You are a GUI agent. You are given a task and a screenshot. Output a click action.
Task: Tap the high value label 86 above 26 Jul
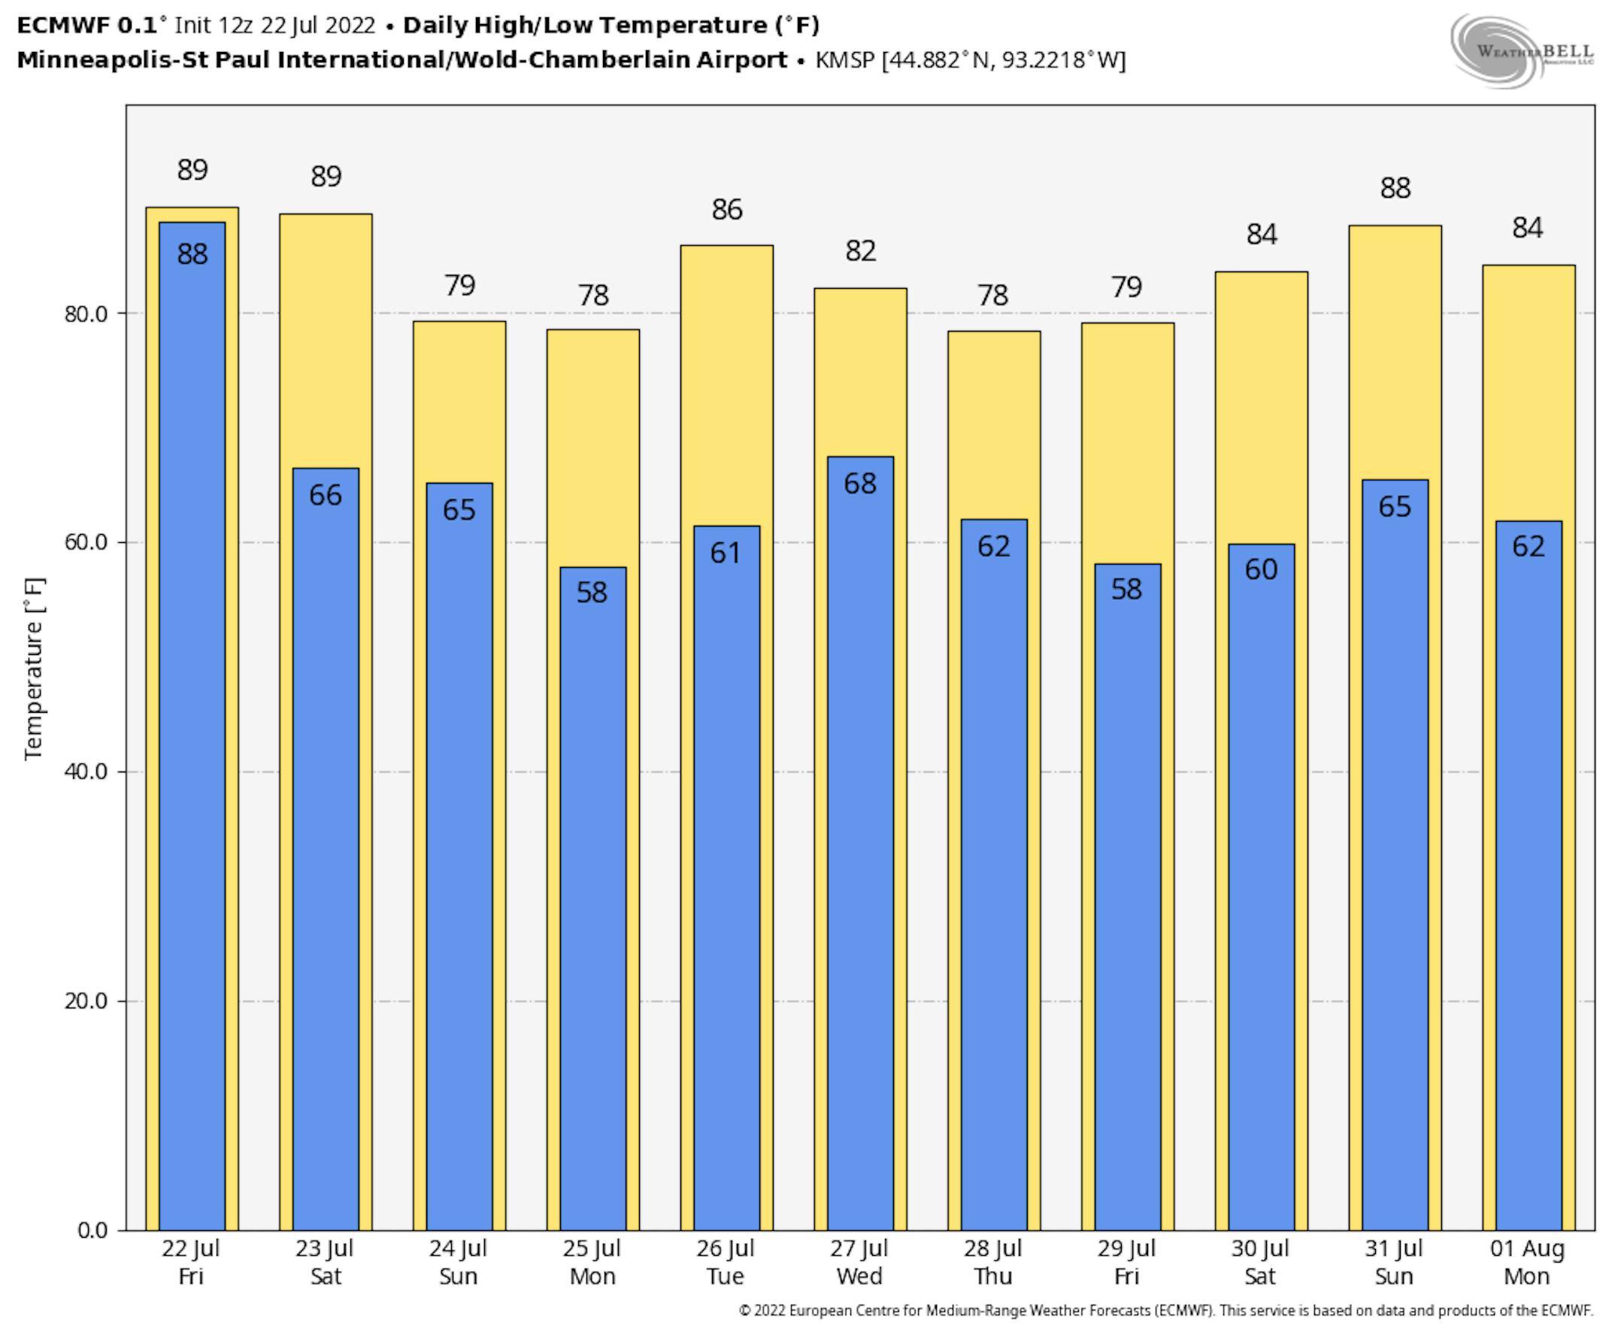pos(727,210)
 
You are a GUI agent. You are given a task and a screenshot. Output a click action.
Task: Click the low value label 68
pos(859,484)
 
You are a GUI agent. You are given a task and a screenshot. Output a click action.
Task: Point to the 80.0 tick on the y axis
pos(85,314)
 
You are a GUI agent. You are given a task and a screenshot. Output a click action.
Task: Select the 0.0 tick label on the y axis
pos(92,1229)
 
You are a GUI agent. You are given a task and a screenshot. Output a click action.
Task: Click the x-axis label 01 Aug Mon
pos(1526,1263)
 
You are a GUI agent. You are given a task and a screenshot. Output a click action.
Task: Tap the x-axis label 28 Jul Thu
pos(992,1263)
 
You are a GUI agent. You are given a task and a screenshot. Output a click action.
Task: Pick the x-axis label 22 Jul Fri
pos(190,1263)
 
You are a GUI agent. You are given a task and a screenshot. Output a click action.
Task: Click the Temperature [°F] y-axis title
pos(34,669)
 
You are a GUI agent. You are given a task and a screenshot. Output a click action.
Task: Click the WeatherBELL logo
pos(1521,51)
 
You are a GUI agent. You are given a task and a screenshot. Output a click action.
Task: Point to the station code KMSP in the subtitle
pos(844,60)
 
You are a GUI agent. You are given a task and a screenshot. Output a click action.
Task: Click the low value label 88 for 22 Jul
pos(192,254)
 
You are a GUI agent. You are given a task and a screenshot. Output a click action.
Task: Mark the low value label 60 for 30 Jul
pos(1261,569)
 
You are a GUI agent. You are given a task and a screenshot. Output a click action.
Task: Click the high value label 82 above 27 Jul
pos(860,251)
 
